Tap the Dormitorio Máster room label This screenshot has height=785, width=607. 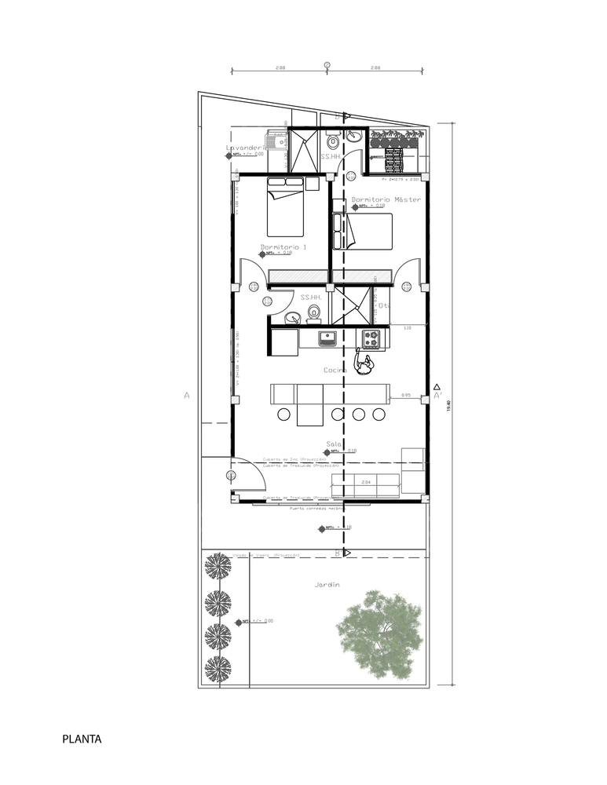[x=386, y=199]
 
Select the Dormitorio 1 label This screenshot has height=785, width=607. [x=283, y=246]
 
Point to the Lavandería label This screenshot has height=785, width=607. [x=244, y=148]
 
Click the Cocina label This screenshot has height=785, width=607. [x=336, y=370]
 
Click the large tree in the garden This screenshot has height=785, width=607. [x=379, y=634]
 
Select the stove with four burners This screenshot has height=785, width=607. [x=371, y=339]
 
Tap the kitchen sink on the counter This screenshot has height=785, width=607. [x=327, y=339]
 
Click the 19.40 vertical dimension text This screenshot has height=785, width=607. [x=448, y=403]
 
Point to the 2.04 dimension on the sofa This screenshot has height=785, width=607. [x=366, y=482]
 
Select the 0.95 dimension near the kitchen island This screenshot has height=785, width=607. [x=406, y=395]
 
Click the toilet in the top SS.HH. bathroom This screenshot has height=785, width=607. [x=333, y=142]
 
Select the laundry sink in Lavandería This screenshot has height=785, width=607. [x=277, y=143]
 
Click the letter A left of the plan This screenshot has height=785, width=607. [x=187, y=396]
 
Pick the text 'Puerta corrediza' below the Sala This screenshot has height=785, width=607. [x=305, y=508]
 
